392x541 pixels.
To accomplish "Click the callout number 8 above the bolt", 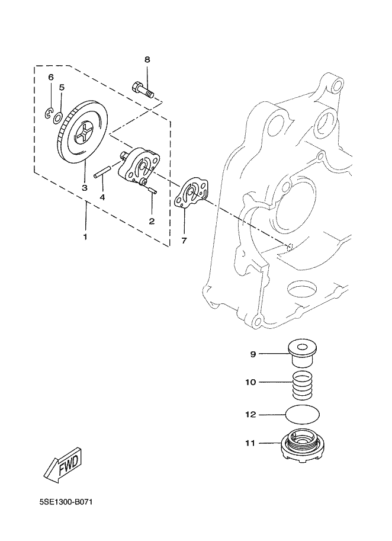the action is coord(147,60).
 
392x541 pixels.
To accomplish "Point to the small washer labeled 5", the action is coord(58,118).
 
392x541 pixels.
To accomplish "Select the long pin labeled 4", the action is coord(102,171).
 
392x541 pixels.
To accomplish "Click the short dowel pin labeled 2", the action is coord(152,190).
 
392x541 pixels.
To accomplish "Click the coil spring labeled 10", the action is coord(303,386).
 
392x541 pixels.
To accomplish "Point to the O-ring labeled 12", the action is coord(303,414).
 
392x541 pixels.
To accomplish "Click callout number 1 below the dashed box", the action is coord(85,237).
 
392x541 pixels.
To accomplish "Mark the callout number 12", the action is coord(250,414).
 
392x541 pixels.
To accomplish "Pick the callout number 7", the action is coord(184,241).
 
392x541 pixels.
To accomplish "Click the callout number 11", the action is coord(250,443).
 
